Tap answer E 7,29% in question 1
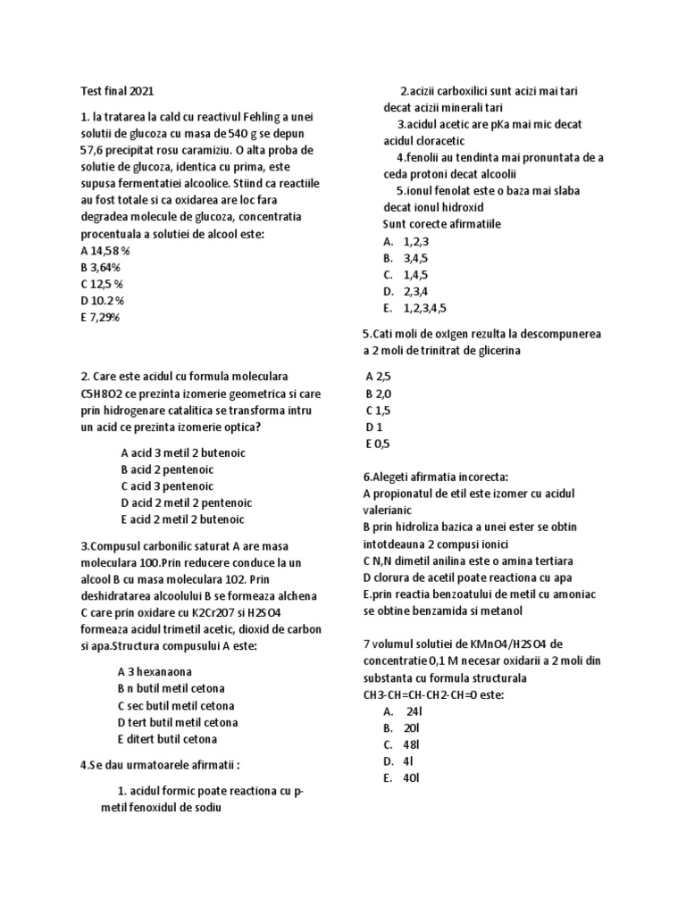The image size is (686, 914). tap(99, 317)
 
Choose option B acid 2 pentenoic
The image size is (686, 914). tap(167, 469)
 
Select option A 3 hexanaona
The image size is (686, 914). tap(155, 671)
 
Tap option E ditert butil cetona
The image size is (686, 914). tap(167, 739)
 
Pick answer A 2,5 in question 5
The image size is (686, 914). tap(379, 378)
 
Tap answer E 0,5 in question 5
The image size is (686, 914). tap(378, 444)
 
